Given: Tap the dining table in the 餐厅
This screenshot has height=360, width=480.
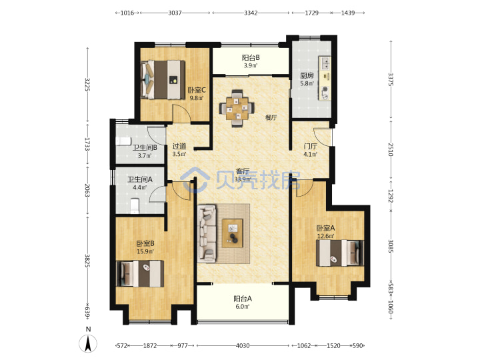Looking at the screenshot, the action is [237, 108].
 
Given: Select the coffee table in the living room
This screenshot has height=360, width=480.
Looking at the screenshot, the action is [233, 233].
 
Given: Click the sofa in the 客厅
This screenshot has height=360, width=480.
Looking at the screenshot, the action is [207, 234].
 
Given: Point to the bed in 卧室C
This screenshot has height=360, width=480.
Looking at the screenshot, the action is [163, 79].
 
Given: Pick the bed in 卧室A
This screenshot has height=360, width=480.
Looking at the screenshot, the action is [340, 253].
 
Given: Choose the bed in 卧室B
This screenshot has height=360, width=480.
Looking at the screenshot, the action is [140, 274].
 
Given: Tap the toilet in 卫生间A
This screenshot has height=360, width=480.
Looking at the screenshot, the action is [135, 206].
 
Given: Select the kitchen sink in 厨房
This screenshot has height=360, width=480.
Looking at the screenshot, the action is [325, 63].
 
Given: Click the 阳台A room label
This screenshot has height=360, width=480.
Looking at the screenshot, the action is [243, 299].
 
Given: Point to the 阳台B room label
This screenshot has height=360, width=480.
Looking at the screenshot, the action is [251, 57].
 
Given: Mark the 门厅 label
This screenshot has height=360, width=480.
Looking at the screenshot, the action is [310, 147].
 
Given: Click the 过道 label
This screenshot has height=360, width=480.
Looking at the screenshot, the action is [179, 146].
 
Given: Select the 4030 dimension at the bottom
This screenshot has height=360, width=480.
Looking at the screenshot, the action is [243, 345].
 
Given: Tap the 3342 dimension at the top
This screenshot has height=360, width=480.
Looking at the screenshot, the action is [251, 13].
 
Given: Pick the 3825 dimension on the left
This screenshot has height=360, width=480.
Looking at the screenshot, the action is [87, 261].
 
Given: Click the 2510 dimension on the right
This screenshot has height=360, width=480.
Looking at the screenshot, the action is [390, 149].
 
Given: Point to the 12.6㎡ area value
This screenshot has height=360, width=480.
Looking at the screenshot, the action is [325, 236].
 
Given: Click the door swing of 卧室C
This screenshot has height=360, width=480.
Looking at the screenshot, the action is [181, 113].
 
